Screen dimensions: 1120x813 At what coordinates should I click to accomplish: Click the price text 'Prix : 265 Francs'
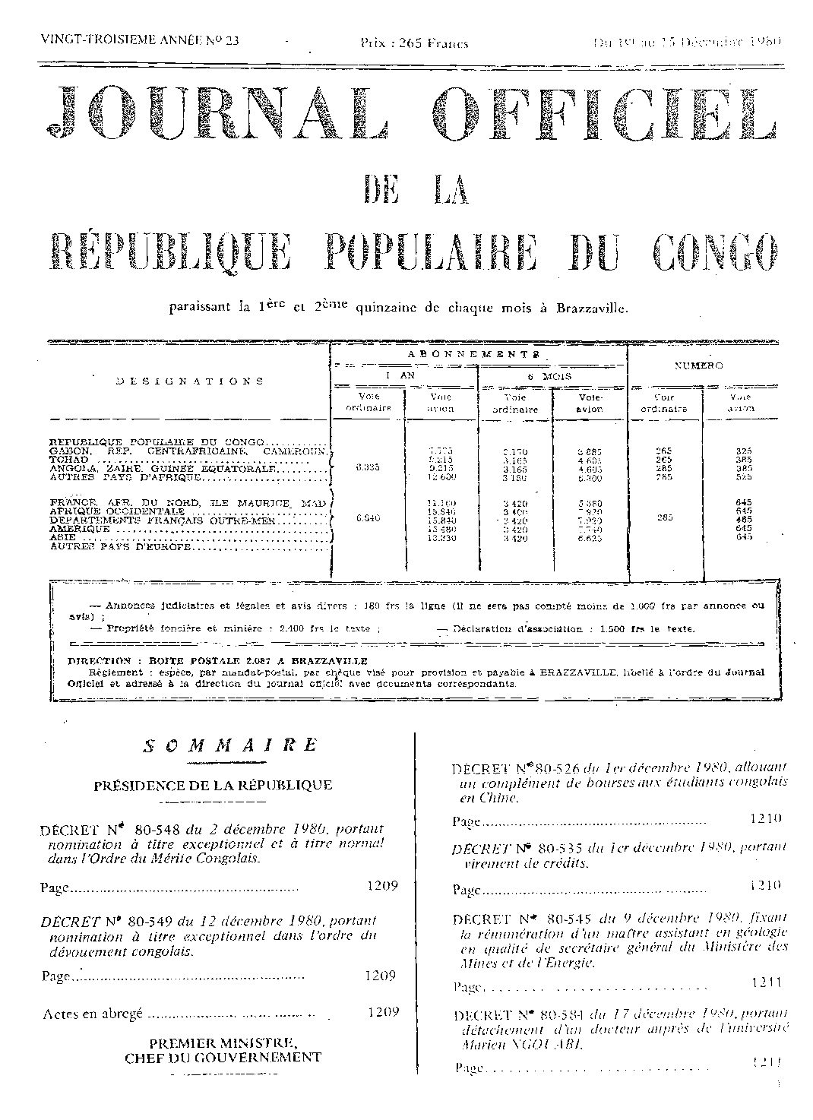[415, 43]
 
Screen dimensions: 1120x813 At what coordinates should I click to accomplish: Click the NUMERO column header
[699, 365]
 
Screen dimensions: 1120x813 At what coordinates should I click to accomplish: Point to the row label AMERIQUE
[78, 529]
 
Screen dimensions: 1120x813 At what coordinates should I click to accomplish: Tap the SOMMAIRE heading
[229, 745]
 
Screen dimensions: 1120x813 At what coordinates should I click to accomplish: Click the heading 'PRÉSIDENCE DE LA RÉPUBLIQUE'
[213, 785]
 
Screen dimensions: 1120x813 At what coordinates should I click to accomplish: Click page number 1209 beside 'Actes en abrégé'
[381, 1012]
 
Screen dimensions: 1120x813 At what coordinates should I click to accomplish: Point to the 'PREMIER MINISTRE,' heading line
[223, 1042]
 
